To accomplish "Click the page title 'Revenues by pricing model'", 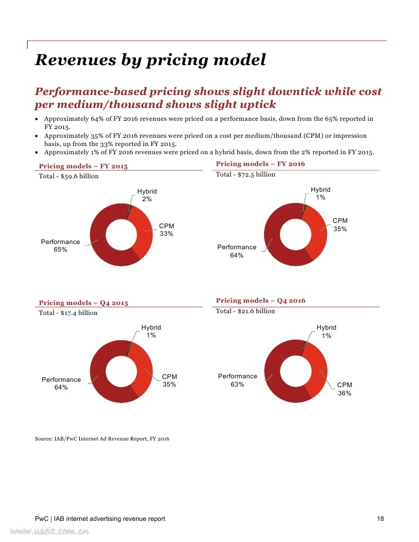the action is point(150,60).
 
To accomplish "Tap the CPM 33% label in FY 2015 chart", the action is point(166,230).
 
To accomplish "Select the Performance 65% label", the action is point(60,245).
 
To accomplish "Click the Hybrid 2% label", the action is point(147,195).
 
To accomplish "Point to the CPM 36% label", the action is point(344,389).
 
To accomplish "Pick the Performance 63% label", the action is point(238,380).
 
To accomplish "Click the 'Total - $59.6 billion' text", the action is point(69,177).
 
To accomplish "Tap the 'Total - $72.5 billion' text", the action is point(245,175).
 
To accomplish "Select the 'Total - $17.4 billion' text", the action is point(68,313).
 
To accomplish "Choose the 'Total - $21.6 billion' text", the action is point(245,311).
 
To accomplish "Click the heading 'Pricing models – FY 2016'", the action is point(261,164).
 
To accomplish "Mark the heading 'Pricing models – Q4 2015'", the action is point(83,303).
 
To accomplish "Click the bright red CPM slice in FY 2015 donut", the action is point(143,233).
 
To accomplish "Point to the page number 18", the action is point(380,519).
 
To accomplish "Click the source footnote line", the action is point(102,439).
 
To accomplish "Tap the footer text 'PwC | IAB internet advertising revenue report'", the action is point(100,519).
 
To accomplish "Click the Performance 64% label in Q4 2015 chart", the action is point(61,384).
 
